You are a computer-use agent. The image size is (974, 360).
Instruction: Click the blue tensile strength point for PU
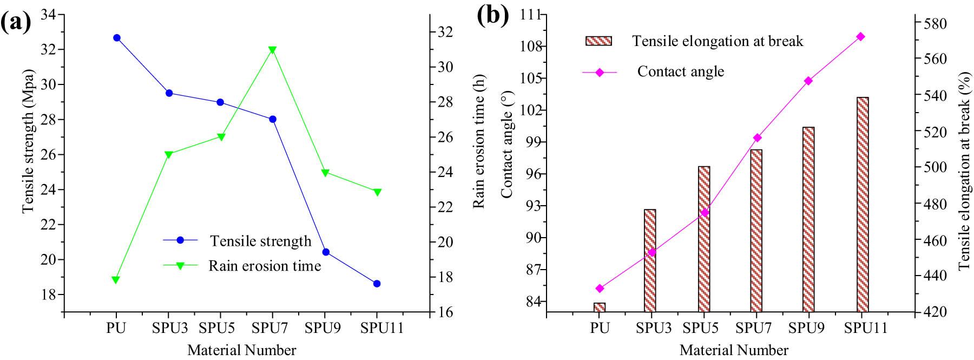116,38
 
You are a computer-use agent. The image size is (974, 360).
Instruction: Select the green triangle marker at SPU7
272,50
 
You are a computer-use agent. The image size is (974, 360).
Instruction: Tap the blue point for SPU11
377,284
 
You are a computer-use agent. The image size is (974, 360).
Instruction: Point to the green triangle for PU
116,280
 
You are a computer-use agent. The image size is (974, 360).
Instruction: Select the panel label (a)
15,23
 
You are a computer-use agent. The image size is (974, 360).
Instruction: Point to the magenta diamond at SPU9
808,81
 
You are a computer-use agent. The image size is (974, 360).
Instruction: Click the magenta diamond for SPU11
861,37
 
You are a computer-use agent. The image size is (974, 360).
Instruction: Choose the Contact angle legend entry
680,71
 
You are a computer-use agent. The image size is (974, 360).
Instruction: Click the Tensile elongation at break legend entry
717,41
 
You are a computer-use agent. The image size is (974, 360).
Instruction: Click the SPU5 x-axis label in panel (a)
220,329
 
